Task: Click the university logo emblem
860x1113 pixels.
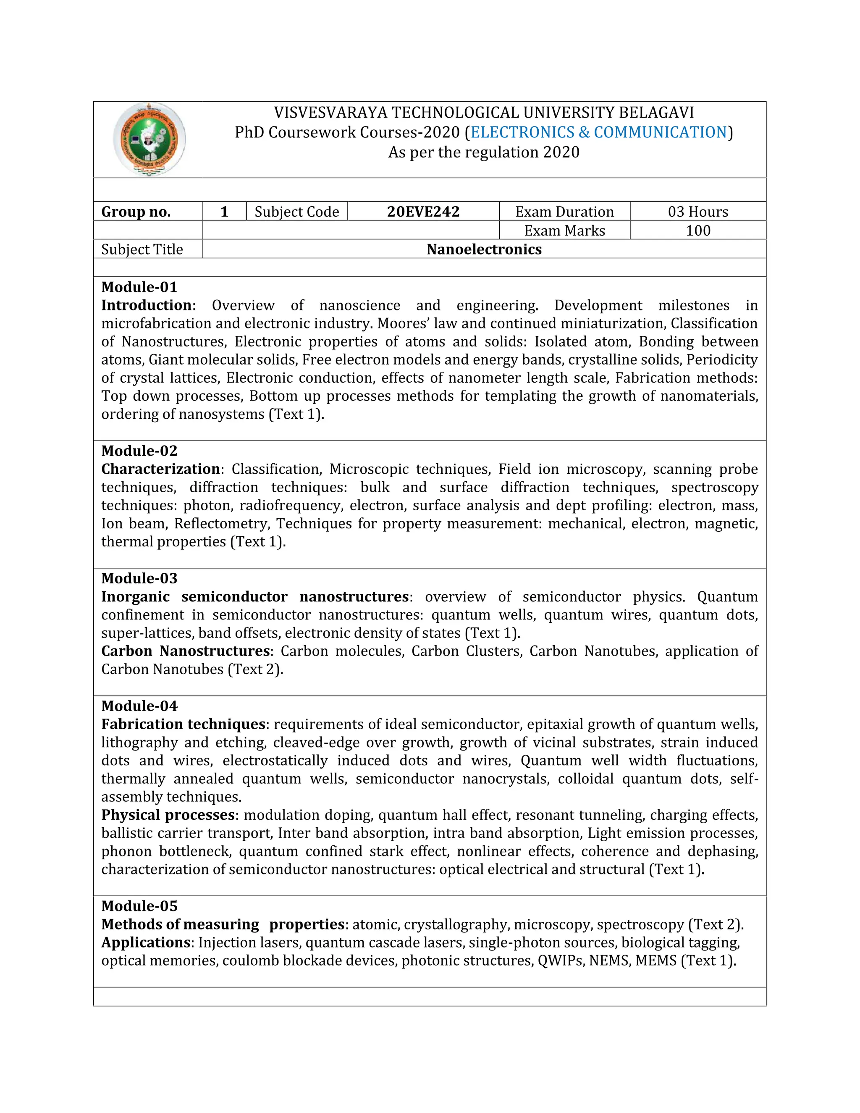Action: click(149, 139)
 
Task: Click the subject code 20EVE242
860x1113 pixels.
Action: click(423, 212)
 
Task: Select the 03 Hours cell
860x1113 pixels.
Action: click(697, 212)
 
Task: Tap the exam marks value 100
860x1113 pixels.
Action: click(697, 230)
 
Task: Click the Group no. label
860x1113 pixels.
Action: click(136, 212)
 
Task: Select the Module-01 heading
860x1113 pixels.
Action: click(139, 287)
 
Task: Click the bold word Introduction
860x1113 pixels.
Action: click(146, 305)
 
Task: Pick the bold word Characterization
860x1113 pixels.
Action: click(160, 469)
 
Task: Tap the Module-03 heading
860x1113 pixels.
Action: click(139, 578)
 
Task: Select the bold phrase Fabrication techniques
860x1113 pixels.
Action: click(184, 724)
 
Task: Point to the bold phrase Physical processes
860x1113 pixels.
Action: click(168, 815)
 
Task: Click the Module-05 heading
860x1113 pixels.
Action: click(139, 906)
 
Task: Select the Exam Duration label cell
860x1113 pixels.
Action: click(564, 212)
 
